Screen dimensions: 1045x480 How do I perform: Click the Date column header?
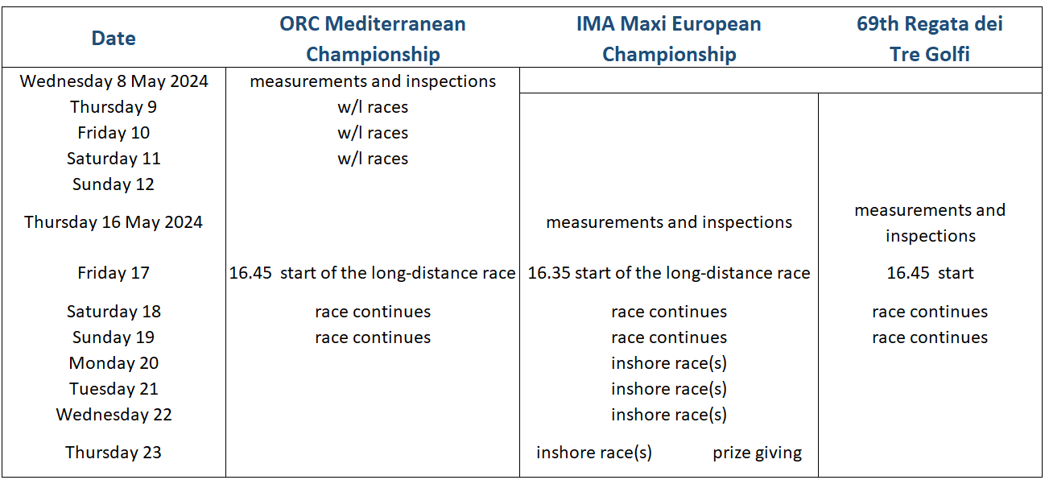[114, 38]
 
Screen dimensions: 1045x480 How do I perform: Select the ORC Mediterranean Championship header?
[373, 39]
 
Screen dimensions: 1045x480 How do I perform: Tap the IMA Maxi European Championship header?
[669, 39]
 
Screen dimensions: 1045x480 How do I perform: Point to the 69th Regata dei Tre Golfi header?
[930, 39]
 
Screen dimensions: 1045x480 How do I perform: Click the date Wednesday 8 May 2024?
[114, 81]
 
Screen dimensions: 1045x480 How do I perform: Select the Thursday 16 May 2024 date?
[114, 222]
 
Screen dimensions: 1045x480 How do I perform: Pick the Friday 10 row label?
[114, 133]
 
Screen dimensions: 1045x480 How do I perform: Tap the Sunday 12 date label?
[114, 184]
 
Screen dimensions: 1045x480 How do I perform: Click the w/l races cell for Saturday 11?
[373, 159]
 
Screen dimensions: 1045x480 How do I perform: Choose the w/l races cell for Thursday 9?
[373, 107]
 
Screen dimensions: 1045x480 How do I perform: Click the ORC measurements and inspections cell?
[373, 81]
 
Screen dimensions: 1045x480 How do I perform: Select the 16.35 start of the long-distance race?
[669, 273]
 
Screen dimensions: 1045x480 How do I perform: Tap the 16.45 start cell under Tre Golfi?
[930, 273]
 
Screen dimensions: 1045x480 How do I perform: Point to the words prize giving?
[757, 453]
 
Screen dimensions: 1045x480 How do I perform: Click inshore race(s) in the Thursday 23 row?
[594, 453]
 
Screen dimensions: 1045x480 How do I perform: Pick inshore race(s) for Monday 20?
[669, 363]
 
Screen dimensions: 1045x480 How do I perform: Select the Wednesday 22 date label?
[114, 415]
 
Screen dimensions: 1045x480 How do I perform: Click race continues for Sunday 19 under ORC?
[373, 337]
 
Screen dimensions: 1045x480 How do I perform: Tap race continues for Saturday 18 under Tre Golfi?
[930, 312]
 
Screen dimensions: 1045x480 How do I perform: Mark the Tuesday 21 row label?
[114, 389]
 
